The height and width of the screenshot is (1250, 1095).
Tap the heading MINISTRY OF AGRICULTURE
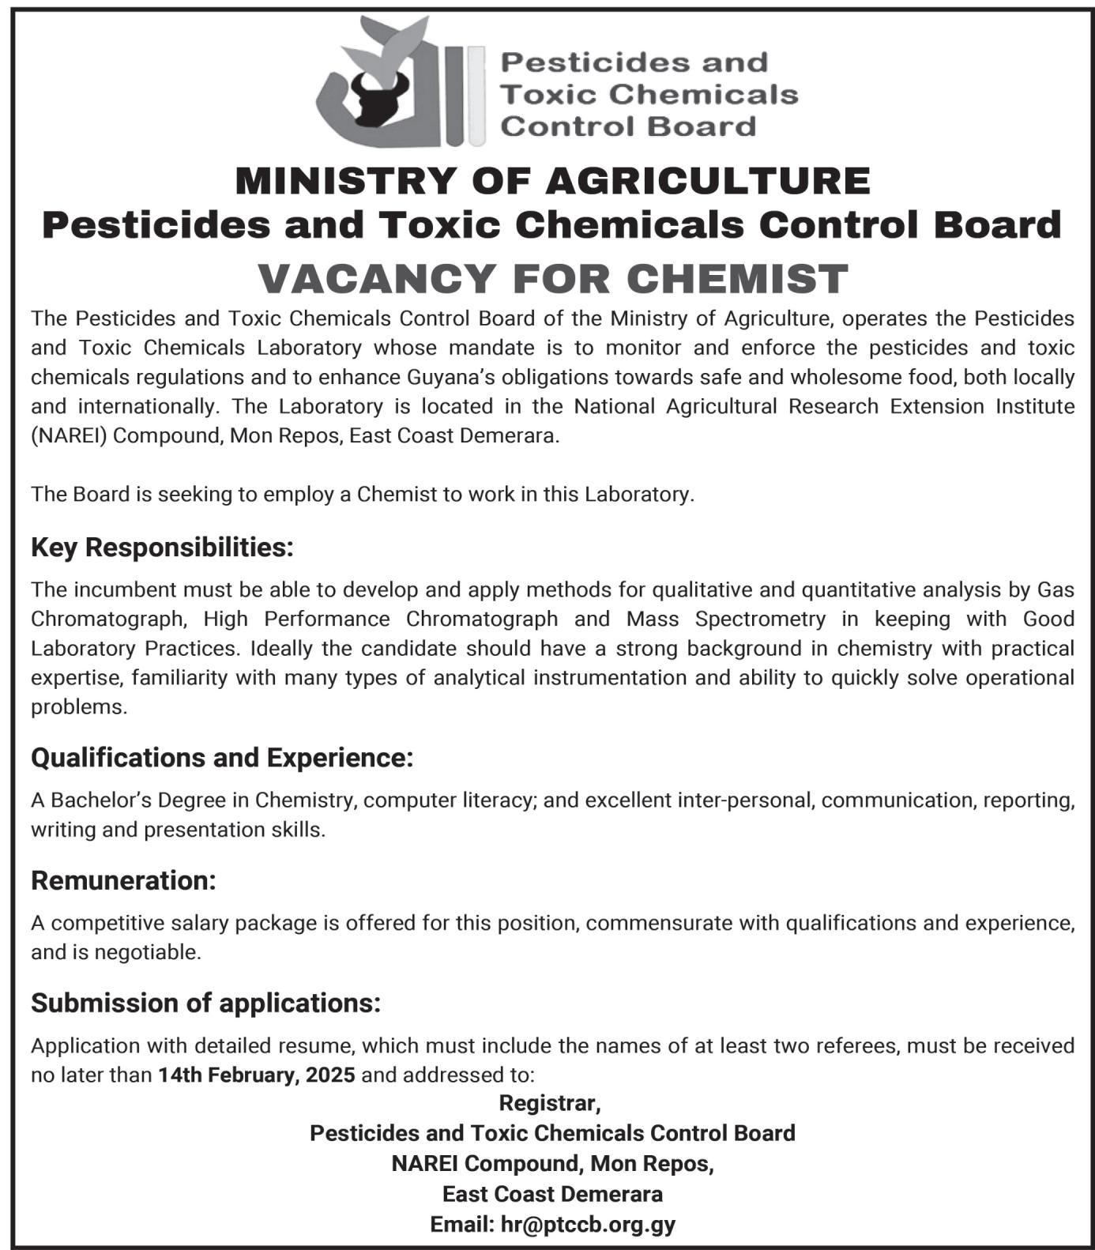click(552, 181)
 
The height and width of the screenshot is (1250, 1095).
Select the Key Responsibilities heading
click(162, 547)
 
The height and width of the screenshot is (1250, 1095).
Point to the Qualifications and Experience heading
click(222, 758)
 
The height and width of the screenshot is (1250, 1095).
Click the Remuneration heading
click(123, 880)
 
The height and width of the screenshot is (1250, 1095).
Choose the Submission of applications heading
click(205, 1003)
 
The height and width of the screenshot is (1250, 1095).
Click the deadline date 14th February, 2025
click(256, 1075)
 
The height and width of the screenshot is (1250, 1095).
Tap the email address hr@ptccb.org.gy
click(588, 1224)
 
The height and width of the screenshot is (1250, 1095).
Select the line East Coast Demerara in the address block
click(552, 1193)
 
